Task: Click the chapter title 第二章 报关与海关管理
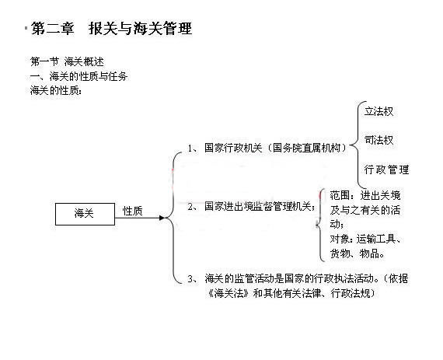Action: pos(111,29)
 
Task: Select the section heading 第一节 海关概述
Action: pos(67,61)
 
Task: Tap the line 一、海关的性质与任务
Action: pos(78,76)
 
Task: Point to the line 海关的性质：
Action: pos(56,91)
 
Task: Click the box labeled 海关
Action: pos(85,214)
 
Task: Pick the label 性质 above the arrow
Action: pos(132,211)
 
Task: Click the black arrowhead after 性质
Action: pos(162,218)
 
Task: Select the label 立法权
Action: pos(378,111)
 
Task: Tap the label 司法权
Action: pos(378,140)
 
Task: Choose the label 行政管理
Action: pos(386,170)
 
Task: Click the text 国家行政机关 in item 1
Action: pos(233,148)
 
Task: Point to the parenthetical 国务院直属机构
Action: pos(306,148)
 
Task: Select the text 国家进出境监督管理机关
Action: pos(258,206)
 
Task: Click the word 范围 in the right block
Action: pos(340,195)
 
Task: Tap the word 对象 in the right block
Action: pos(340,239)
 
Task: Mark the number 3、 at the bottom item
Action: pos(193,279)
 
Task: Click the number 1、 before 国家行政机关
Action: pos(193,148)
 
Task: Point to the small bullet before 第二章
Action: pos(26,28)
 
